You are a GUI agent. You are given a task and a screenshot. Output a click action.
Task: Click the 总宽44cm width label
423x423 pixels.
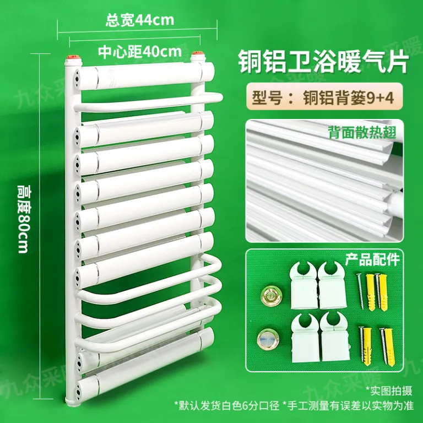click(140, 20)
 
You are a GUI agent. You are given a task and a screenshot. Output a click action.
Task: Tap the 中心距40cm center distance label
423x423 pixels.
click(140, 51)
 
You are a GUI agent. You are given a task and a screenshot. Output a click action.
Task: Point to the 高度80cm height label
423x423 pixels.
click(23, 219)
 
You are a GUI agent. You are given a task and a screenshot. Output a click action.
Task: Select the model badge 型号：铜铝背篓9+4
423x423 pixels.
click(323, 97)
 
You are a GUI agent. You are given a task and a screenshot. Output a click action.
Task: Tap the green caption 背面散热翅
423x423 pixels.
click(362, 132)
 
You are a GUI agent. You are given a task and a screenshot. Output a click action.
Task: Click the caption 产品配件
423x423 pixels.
click(372, 259)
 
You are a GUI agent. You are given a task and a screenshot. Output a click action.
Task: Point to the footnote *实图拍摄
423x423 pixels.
click(389, 391)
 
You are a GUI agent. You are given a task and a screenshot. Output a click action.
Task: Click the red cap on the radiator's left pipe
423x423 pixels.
click(73, 58)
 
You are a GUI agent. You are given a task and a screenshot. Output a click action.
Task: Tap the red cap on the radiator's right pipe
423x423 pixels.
click(198, 53)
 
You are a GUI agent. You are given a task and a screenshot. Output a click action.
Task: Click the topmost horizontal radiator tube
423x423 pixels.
click(145, 75)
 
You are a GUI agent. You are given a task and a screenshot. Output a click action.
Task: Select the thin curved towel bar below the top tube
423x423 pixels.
click(148, 102)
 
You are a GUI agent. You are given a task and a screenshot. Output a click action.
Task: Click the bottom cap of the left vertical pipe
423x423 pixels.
click(73, 402)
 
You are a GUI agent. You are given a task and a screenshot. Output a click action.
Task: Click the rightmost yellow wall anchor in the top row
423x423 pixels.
click(383, 292)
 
